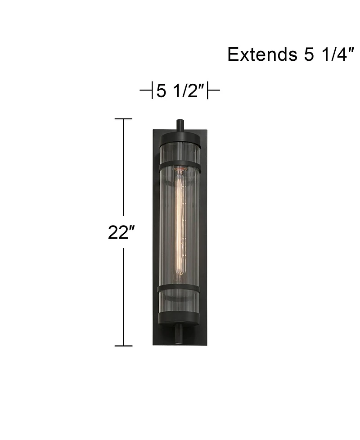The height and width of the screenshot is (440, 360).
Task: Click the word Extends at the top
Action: pos(260,54)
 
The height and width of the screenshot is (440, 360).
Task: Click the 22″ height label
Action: pos(121,232)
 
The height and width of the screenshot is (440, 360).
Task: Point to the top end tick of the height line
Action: pos(123,119)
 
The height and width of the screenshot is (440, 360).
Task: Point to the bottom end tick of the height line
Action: pos(123,346)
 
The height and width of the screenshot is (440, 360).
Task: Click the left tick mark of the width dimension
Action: pos(151,91)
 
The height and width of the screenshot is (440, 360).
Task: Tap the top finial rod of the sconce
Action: pos(180,125)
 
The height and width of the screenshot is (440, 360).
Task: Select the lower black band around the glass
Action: pos(179,288)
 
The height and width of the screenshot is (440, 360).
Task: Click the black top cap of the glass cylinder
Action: pos(180,137)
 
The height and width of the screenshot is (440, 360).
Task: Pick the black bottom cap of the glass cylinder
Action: pos(180,317)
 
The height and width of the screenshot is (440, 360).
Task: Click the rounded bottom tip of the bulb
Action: pos(180,273)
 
